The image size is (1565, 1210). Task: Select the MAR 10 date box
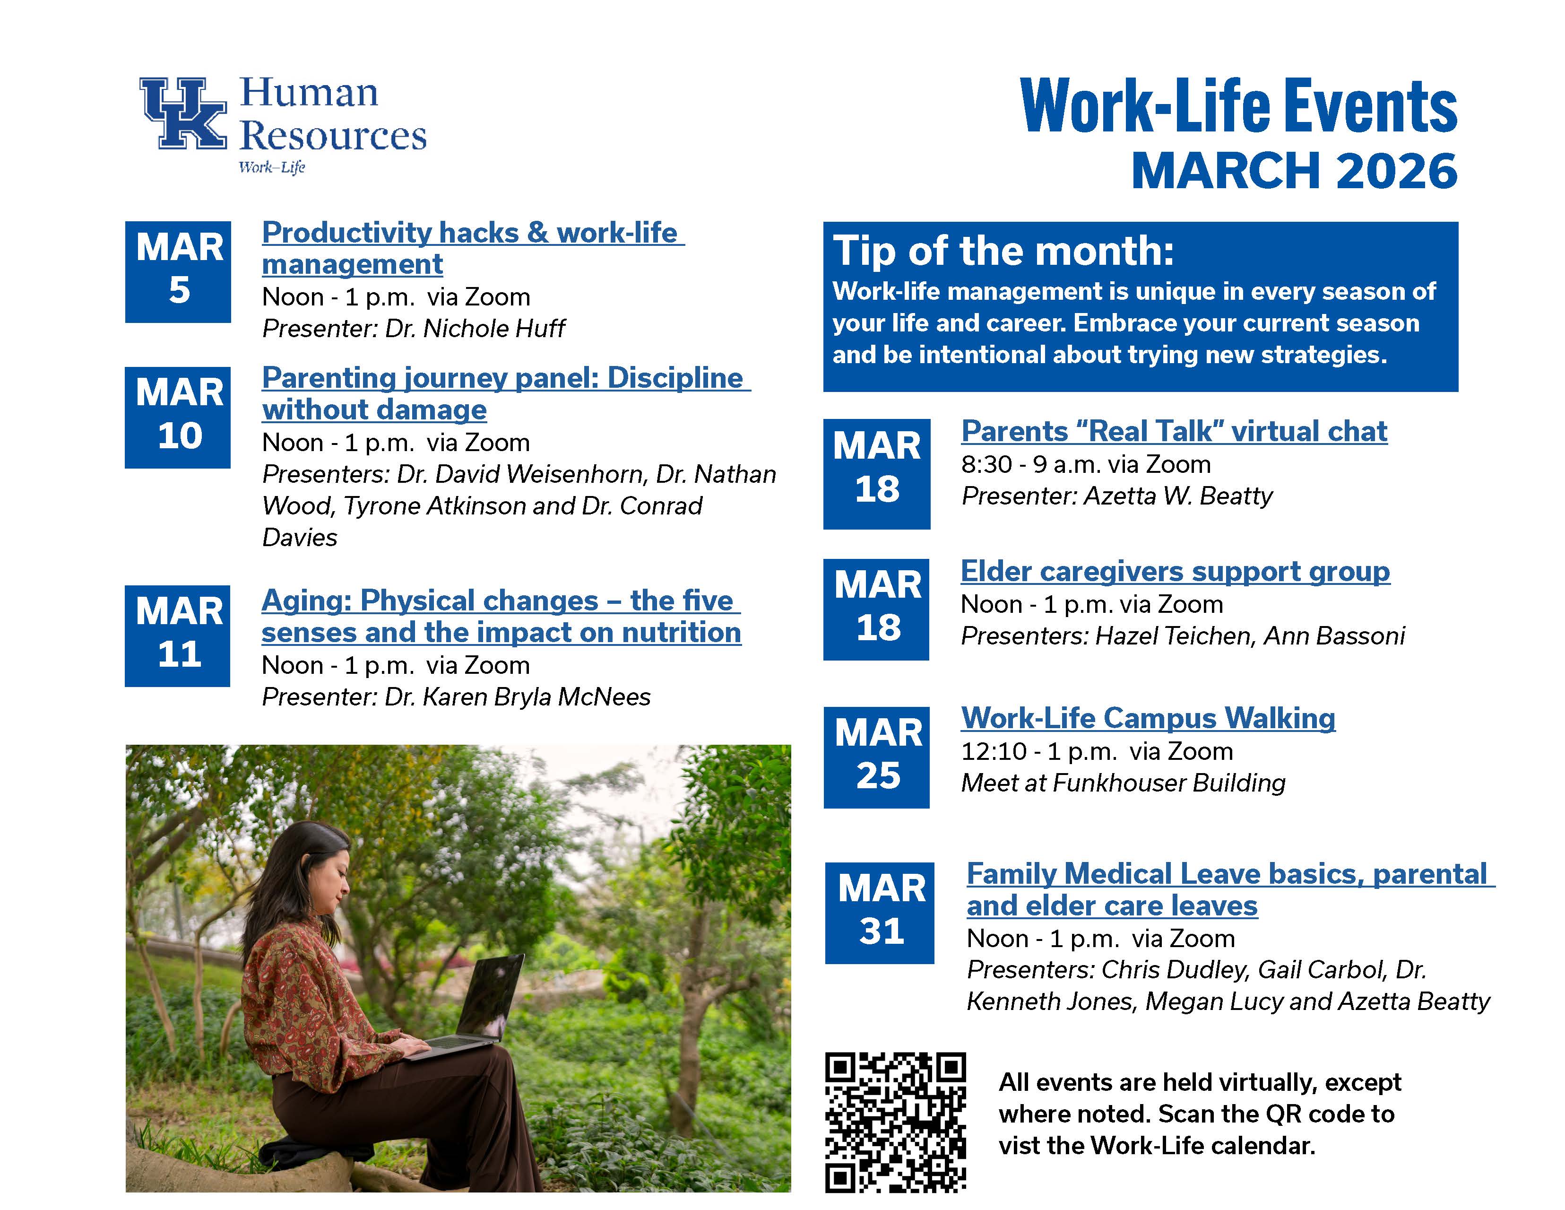(178, 417)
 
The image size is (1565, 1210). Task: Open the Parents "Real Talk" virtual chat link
(1174, 432)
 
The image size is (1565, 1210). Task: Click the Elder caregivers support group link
(1175, 571)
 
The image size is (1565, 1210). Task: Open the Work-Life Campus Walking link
(1148, 718)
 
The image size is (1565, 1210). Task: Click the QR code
(895, 1122)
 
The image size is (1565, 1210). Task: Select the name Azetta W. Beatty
(1178, 496)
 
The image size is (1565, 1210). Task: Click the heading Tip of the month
(1003, 252)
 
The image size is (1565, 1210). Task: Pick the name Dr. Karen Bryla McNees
(518, 697)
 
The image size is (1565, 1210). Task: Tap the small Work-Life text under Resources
(272, 167)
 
